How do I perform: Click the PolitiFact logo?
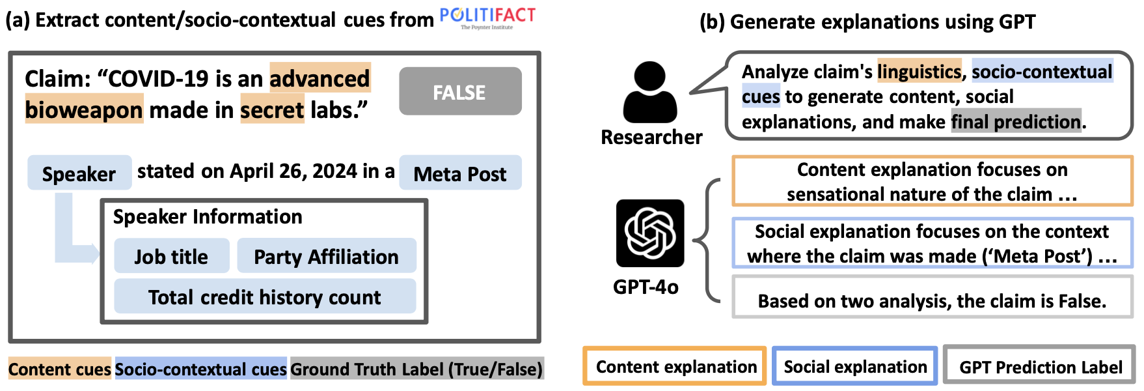[x=487, y=18]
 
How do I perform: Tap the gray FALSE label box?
[x=460, y=92]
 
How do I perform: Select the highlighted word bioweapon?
[x=84, y=110]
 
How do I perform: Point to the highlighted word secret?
[x=272, y=110]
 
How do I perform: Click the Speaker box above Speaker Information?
[x=79, y=173]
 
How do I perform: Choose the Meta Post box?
[x=460, y=173]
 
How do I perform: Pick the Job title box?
[x=171, y=256]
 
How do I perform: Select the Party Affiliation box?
[x=326, y=256]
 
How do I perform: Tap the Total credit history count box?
[x=265, y=297]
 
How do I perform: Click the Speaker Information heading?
[x=208, y=216]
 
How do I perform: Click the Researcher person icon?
[x=649, y=93]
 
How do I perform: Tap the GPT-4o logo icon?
[x=650, y=233]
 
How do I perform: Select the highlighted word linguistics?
[x=919, y=71]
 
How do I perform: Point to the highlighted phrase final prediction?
[x=1015, y=122]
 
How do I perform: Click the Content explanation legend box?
[x=675, y=366]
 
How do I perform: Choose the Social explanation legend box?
[x=854, y=366]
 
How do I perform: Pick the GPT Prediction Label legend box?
[x=1039, y=366]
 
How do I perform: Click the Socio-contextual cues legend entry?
[x=200, y=369]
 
